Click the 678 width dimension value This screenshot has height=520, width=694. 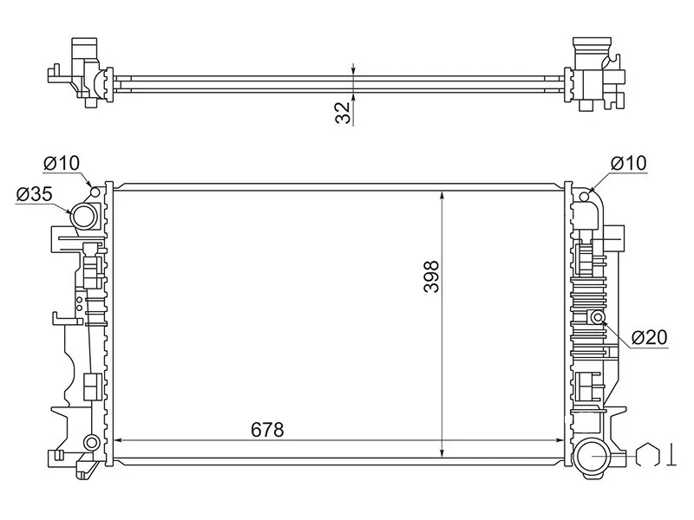click(267, 429)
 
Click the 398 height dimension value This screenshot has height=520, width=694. click(431, 276)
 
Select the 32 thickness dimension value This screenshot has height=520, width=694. click(343, 113)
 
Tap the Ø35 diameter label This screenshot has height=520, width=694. click(34, 194)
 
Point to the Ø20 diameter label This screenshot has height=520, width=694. click(649, 337)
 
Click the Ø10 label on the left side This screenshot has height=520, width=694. click(62, 163)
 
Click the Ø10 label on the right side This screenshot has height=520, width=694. click(628, 163)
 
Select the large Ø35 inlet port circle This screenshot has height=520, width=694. click(83, 217)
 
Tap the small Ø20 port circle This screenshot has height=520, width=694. click(598, 316)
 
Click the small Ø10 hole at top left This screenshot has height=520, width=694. click(95, 192)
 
